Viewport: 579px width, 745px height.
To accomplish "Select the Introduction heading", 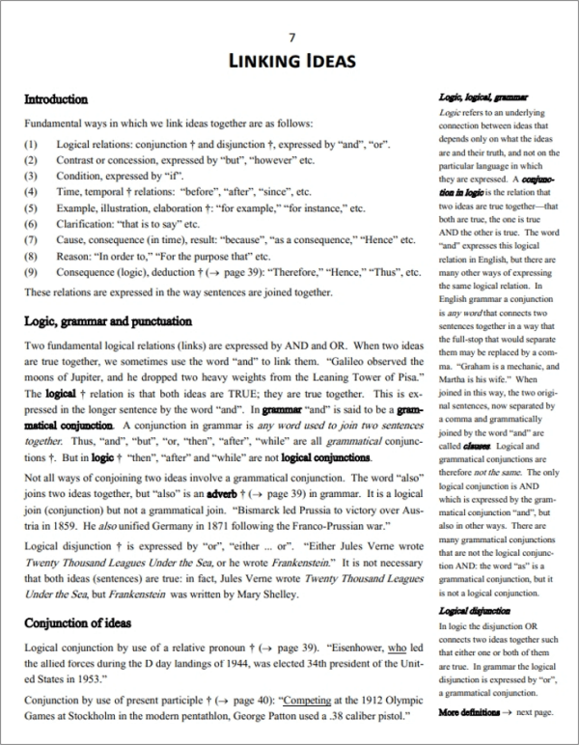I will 55,99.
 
